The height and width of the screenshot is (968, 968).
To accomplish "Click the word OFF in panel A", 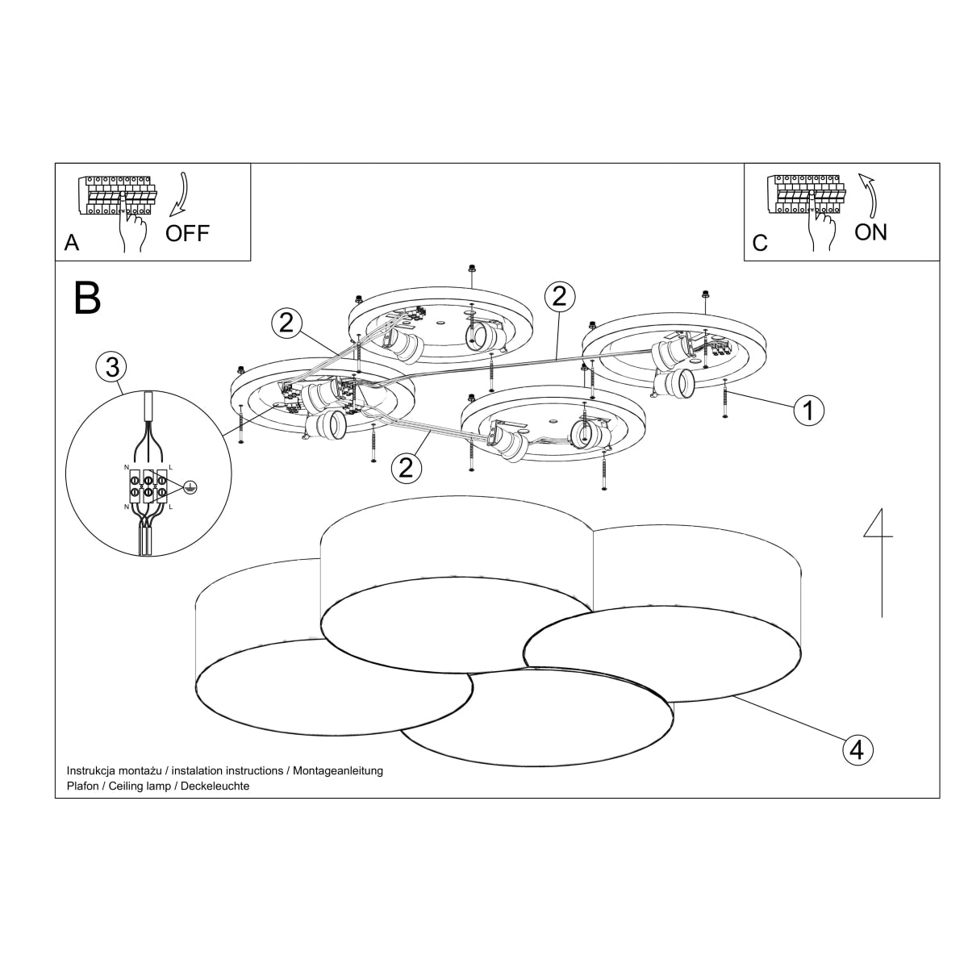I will click(x=187, y=234).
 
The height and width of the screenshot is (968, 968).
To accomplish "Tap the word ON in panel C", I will click(x=870, y=232).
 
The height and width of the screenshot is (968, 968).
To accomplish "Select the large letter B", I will click(x=87, y=297).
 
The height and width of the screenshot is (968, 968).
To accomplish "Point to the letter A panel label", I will click(x=72, y=243).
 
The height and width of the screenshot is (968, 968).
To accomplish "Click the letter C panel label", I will click(x=760, y=243).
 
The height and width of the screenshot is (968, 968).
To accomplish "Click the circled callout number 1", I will click(x=808, y=411).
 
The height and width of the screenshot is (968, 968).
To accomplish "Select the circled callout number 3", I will click(x=111, y=367).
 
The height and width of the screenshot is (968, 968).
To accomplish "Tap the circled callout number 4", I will click(x=857, y=749).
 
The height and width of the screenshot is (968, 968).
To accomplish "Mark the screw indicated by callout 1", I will click(x=726, y=398).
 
